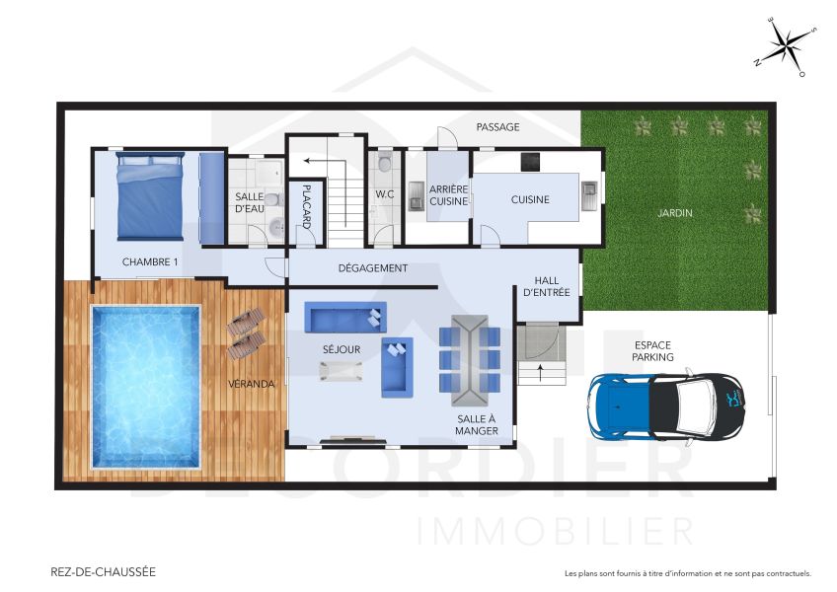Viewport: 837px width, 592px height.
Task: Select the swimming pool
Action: click(145, 387)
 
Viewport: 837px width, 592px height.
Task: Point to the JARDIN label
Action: click(676, 212)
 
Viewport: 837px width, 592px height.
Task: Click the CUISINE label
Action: click(530, 200)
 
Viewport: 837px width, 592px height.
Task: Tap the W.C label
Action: click(384, 194)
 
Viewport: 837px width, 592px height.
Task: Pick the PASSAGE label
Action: click(497, 127)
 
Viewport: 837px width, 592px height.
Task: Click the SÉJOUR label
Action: click(342, 349)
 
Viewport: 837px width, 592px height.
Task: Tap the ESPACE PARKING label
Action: click(653, 351)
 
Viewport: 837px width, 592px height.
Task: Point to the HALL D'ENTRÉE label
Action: click(546, 286)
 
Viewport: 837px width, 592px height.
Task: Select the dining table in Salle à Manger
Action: click(470, 360)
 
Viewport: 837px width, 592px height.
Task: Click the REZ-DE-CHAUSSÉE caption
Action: click(103, 571)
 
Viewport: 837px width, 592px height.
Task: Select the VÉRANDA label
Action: click(251, 383)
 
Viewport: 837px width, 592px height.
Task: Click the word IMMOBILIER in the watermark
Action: click(556, 531)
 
